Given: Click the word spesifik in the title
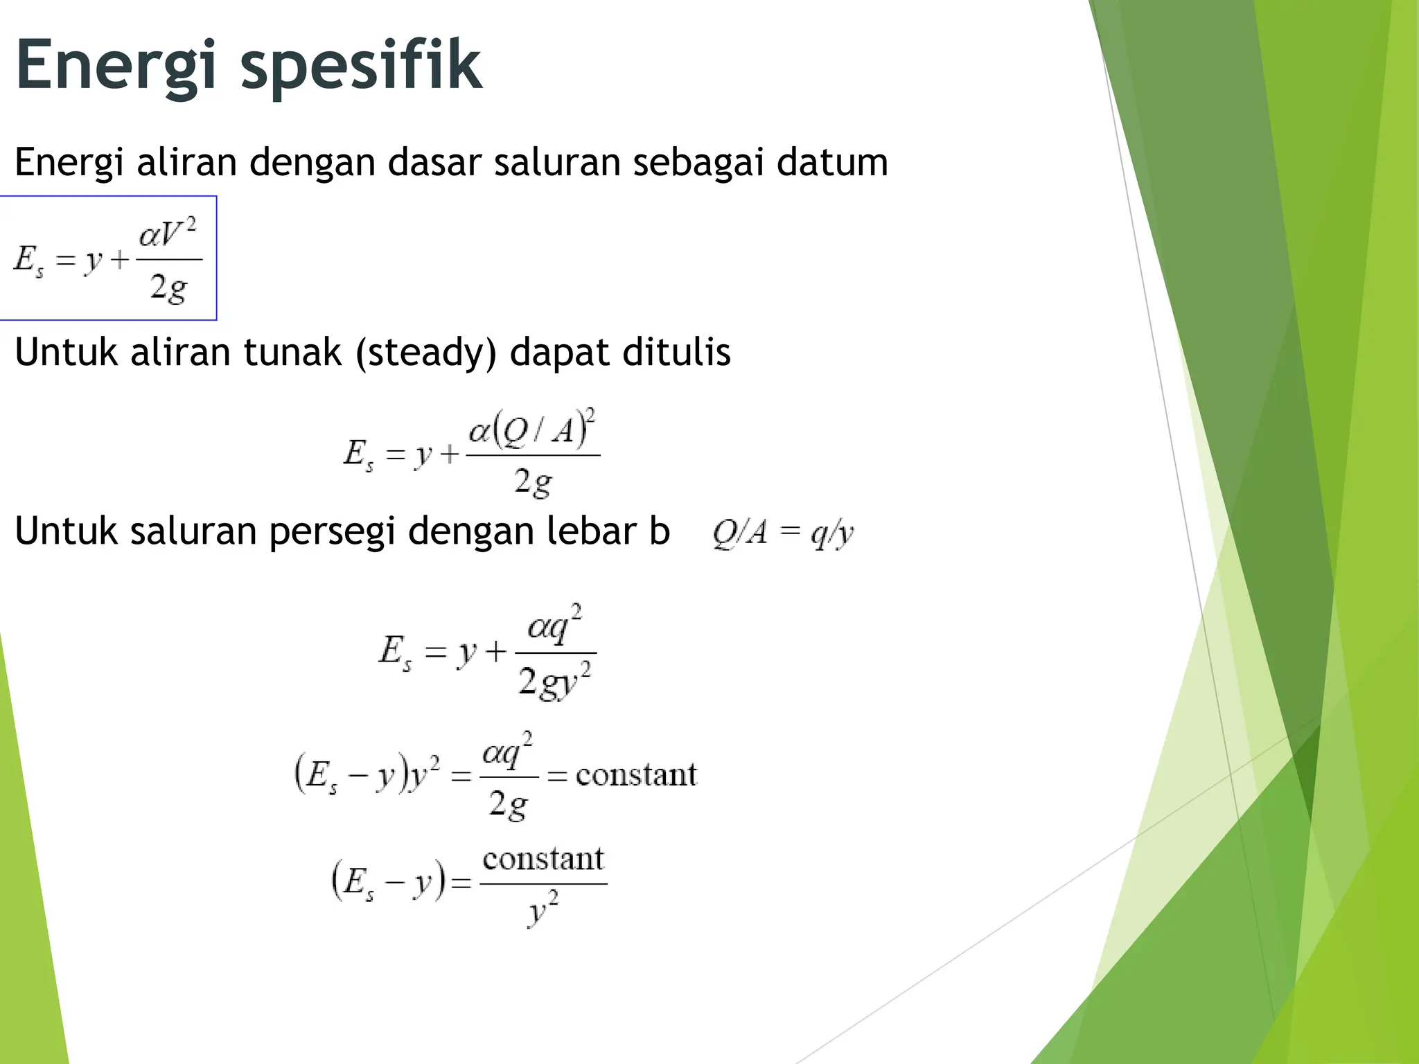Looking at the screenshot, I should (x=360, y=66).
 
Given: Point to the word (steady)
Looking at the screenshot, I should (x=426, y=353).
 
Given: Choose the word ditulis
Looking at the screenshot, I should (x=676, y=353).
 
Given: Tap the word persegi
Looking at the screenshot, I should (x=332, y=532).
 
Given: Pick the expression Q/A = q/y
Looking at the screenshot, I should (x=783, y=533).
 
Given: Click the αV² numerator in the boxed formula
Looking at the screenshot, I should (x=168, y=233).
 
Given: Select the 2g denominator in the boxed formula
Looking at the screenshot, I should (x=168, y=287).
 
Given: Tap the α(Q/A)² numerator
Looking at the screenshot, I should (x=532, y=429).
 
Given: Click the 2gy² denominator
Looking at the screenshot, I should (x=554, y=682).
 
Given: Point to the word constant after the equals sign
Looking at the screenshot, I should (x=636, y=774).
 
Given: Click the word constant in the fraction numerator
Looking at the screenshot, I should (x=543, y=860).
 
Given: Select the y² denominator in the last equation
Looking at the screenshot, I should (x=543, y=910).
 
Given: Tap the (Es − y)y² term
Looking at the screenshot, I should (x=367, y=774).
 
